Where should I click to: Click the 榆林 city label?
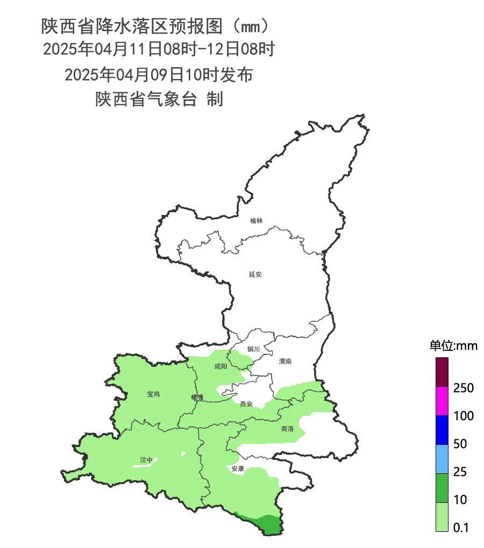pyautogui.click(x=257, y=221)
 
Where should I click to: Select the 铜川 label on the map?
pyautogui.click(x=253, y=349)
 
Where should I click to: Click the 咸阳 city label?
pyautogui.click(x=220, y=366)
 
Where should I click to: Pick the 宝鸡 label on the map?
pyautogui.click(x=153, y=394)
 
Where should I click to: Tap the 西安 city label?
pyautogui.click(x=246, y=404)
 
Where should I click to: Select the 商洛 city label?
pyautogui.click(x=288, y=429)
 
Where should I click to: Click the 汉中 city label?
pyautogui.click(x=146, y=460)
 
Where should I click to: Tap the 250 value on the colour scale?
pyautogui.click(x=463, y=388)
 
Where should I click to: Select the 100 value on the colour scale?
pyautogui.click(x=463, y=416)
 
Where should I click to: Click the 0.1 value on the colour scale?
pyautogui.click(x=461, y=528)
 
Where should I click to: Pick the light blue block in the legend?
pyautogui.click(x=442, y=458)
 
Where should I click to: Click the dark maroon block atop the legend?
pyautogui.click(x=442, y=372)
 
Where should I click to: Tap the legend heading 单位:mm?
pyautogui.click(x=453, y=345)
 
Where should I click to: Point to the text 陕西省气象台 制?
pyautogui.click(x=159, y=99)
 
